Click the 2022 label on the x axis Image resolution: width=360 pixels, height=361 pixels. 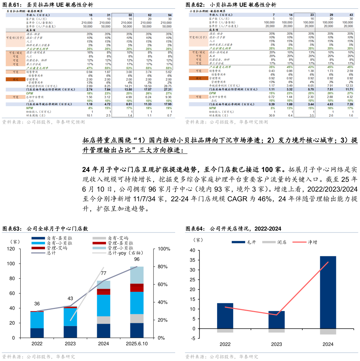click(37, 344)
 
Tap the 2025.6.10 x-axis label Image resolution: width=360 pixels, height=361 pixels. click(137, 344)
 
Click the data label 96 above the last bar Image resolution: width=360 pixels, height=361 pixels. click(137, 259)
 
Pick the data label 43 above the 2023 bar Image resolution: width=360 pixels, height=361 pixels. click(70, 299)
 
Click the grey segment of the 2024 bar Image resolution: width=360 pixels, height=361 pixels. click(103, 320)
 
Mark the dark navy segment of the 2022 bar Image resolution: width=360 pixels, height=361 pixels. click(37, 333)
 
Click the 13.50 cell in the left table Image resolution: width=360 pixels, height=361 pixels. click(127, 89)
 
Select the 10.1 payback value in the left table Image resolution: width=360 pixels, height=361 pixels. click(89, 115)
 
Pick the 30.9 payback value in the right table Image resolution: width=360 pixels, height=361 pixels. click(271, 115)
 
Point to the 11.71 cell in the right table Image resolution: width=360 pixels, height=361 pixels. click(348, 89)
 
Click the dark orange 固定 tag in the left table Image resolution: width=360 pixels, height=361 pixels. click(15, 79)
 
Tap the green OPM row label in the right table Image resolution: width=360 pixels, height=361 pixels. click(213, 93)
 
